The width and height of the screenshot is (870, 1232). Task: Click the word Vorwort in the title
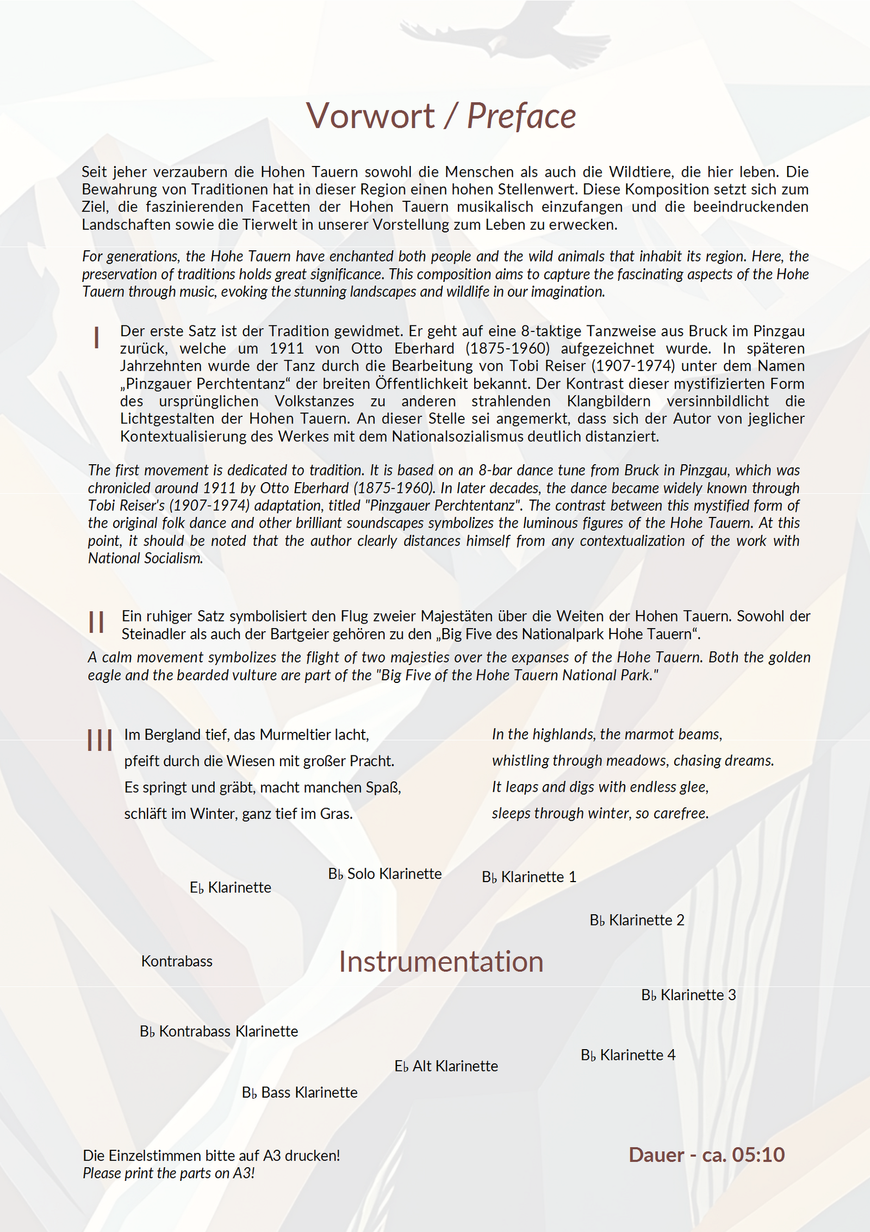(x=370, y=116)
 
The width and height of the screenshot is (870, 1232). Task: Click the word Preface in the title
(x=521, y=116)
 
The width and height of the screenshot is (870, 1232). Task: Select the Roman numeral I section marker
(x=97, y=338)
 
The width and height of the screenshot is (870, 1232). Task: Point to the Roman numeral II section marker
(x=96, y=622)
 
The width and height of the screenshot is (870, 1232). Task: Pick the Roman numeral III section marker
(x=100, y=741)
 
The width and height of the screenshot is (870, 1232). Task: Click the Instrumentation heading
(x=441, y=962)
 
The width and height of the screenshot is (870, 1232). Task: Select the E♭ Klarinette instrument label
(x=230, y=888)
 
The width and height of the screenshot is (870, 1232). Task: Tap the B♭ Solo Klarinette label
(x=385, y=874)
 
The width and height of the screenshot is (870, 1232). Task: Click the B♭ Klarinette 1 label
(x=529, y=877)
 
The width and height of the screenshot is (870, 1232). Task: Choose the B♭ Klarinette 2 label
(x=637, y=920)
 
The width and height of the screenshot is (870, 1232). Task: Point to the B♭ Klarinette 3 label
(x=688, y=995)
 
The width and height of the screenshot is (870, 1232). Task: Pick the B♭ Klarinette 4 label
(x=628, y=1055)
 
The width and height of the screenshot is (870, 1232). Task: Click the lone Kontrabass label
(x=177, y=962)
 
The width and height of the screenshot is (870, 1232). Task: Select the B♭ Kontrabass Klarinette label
(x=219, y=1032)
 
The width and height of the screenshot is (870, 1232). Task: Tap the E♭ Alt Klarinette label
(x=446, y=1066)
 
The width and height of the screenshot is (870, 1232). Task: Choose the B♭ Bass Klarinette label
(x=300, y=1093)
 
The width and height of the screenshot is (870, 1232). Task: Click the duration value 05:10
(x=758, y=1155)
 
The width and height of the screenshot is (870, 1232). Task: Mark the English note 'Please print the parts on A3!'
(x=169, y=1173)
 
